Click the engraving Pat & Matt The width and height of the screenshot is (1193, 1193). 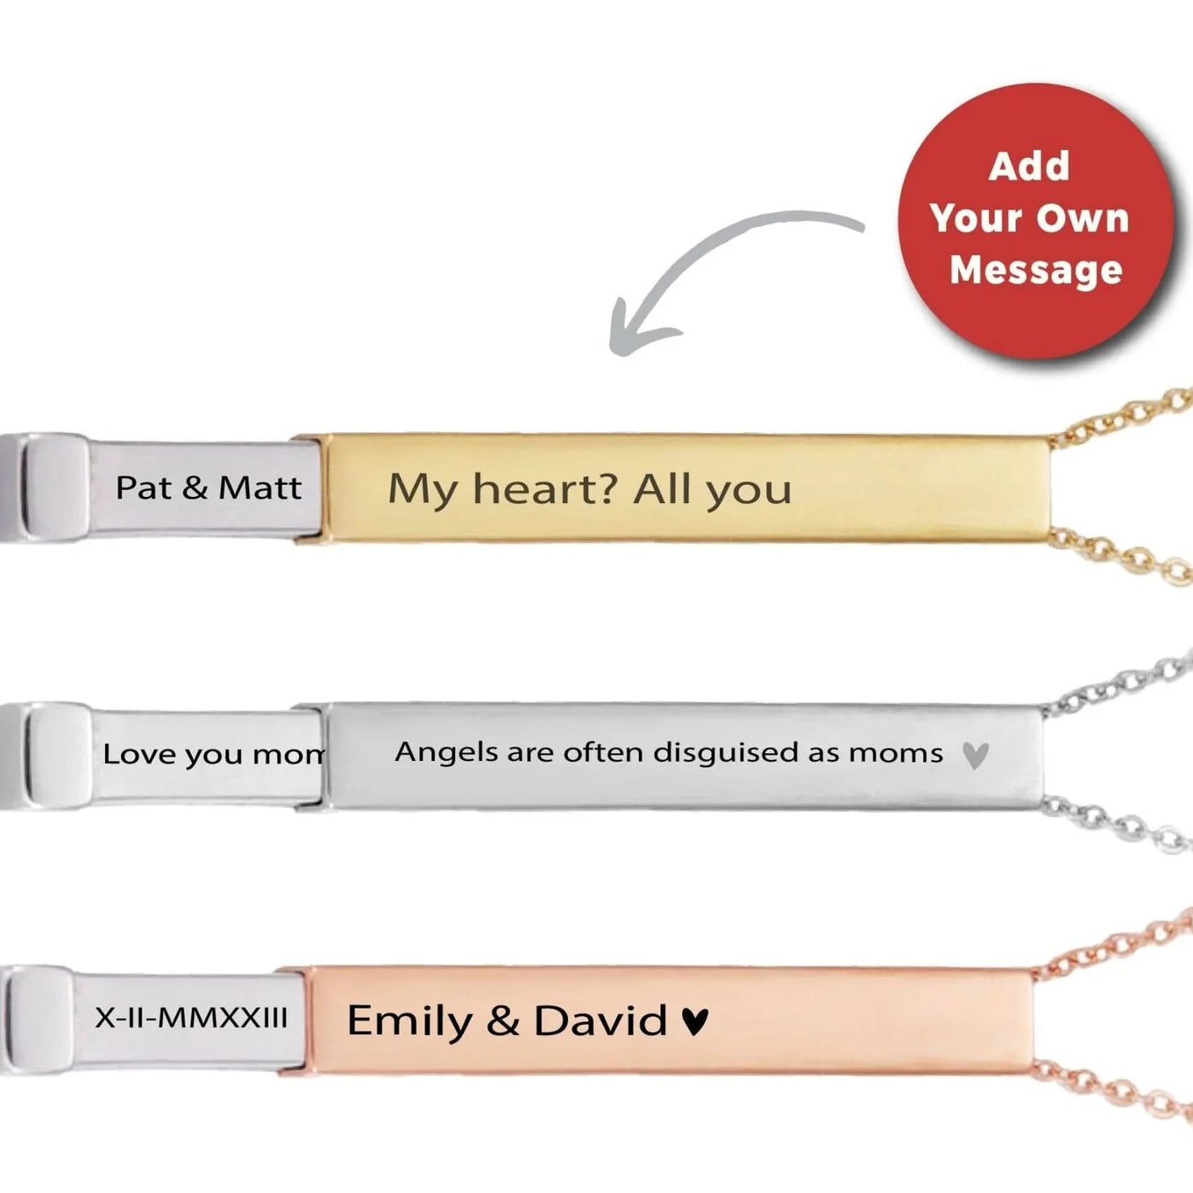click(208, 488)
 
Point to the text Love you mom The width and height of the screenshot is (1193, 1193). click(213, 754)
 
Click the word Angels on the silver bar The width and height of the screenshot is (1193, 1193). click(447, 753)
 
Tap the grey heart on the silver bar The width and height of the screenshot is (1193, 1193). click(975, 755)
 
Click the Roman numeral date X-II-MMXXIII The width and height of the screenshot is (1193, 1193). click(191, 1018)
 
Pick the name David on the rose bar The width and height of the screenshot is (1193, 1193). click(600, 1020)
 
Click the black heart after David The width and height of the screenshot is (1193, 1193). click(695, 1020)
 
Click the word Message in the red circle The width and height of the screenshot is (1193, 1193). click(1036, 270)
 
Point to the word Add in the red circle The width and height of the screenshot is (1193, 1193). click(1029, 166)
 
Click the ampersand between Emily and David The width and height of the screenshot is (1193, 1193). click(503, 1021)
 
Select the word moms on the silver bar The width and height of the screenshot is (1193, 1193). click(896, 753)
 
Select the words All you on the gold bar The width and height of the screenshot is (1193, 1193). click(712, 490)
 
